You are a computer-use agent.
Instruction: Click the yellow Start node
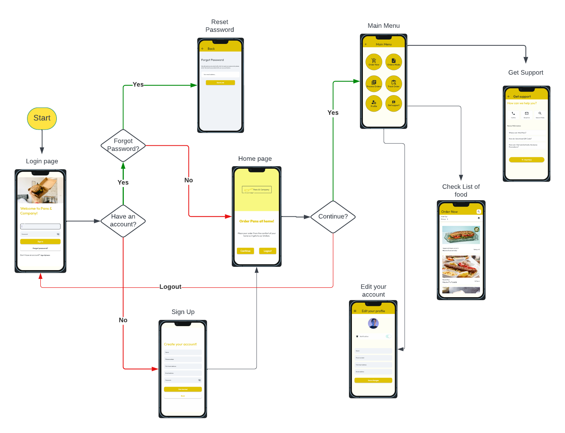[x=42, y=118]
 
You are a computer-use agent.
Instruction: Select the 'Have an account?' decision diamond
[x=123, y=221]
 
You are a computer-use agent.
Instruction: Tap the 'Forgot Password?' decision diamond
[x=123, y=145]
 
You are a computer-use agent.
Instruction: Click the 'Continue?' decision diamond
[x=333, y=217]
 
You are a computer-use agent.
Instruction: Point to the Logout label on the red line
[x=170, y=287]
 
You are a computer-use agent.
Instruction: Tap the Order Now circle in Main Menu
[x=374, y=62]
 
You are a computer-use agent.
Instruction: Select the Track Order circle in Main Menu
[x=394, y=83]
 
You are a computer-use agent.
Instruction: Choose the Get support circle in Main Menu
[x=394, y=103]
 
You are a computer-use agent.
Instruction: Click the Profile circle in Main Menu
[x=374, y=103]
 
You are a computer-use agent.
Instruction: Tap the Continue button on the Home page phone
[x=245, y=251]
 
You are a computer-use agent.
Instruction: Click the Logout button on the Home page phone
[x=268, y=251]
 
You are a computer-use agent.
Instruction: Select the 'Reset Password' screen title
[x=220, y=26]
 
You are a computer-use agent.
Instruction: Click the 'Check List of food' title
[x=461, y=190]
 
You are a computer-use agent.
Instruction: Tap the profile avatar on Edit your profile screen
[x=373, y=323]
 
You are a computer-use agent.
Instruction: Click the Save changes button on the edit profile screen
[x=373, y=380]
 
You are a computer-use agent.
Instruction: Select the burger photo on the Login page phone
[x=40, y=190]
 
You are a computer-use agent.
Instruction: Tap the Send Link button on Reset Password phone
[x=220, y=83]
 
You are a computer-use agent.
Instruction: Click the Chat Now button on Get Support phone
[x=527, y=160]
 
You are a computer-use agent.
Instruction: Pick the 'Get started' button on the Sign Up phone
[x=183, y=389]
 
